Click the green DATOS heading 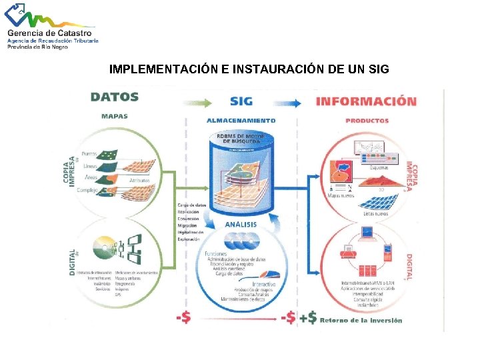(115, 97)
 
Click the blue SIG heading (241, 101)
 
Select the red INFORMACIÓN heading (366, 101)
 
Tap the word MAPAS (115, 116)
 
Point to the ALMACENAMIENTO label (241, 121)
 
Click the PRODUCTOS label (367, 121)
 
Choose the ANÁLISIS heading (241, 225)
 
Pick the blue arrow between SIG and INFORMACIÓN (287, 102)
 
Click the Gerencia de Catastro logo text (51, 33)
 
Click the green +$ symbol (308, 318)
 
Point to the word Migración (188, 225)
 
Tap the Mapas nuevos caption (342, 195)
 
